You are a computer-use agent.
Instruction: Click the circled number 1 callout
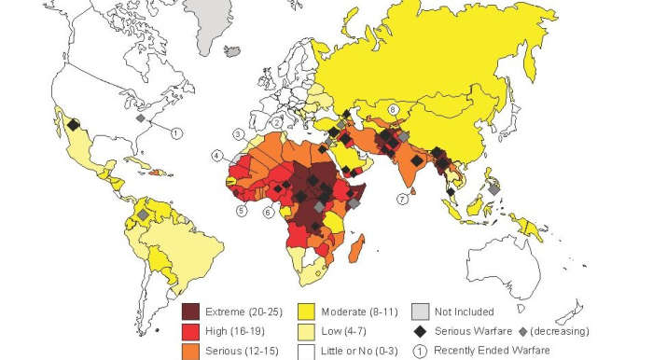pyautogui.click(x=176, y=133)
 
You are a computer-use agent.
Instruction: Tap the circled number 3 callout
pyautogui.click(x=240, y=133)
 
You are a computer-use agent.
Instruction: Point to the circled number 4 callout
pyautogui.click(x=217, y=155)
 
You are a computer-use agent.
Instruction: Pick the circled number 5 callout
pyautogui.click(x=241, y=211)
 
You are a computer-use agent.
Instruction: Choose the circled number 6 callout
pyautogui.click(x=269, y=212)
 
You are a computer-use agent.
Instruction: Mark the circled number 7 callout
pyautogui.click(x=402, y=199)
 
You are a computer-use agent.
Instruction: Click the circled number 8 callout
pyautogui.click(x=393, y=110)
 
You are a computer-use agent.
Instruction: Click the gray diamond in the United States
pyautogui.click(x=140, y=118)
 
